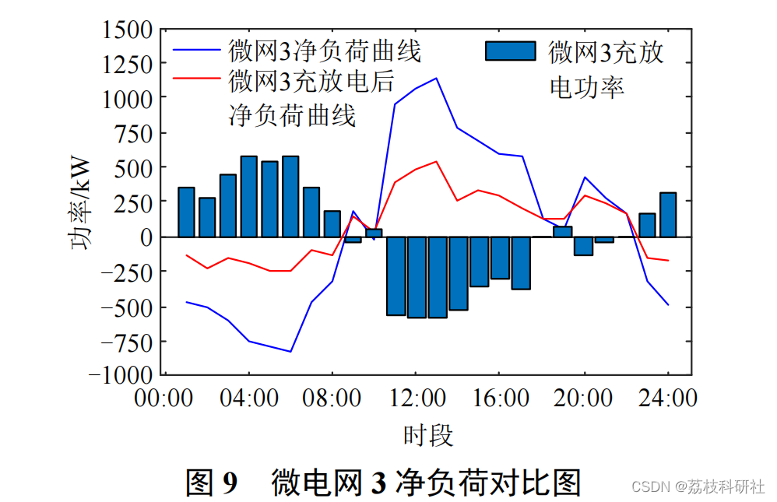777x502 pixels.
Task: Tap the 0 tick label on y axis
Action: tap(145, 237)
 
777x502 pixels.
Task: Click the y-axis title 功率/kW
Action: tap(80, 203)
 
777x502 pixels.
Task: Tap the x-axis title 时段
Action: tap(428, 434)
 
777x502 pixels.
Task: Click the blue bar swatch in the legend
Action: tap(511, 51)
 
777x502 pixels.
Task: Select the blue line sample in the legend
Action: tap(198, 51)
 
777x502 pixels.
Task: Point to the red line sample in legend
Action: tap(198, 79)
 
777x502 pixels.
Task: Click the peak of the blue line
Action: tap(436, 78)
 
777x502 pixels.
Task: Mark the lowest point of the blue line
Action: tap(290, 351)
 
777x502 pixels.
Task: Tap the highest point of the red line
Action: tap(436, 162)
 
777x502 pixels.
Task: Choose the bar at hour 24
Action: tap(668, 215)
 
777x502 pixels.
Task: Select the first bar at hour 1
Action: tap(186, 212)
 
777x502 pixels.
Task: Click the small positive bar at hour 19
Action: tap(563, 231)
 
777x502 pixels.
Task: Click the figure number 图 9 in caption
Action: tap(211, 482)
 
